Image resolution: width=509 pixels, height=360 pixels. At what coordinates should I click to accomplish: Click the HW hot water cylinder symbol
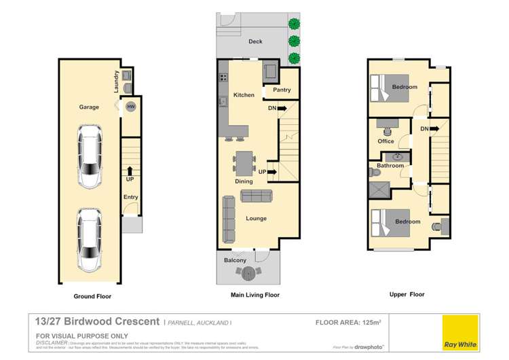(130, 107)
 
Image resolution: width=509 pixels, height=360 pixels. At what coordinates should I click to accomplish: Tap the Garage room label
(89, 107)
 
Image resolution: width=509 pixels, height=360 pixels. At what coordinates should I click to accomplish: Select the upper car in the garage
(90, 160)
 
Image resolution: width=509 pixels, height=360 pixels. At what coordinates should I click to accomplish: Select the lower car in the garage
(90, 238)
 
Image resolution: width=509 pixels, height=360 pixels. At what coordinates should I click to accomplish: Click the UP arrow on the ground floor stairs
(130, 170)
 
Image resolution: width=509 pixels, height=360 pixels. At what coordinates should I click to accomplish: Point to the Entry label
(130, 197)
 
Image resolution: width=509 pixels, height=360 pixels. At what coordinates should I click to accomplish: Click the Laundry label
(116, 83)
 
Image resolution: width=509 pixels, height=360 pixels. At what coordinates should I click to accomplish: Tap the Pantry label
(282, 90)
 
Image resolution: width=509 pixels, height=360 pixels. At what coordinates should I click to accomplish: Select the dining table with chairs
(244, 162)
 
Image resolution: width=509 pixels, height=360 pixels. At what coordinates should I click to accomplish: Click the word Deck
(255, 41)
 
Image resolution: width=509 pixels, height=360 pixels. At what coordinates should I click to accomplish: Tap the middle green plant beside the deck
(294, 41)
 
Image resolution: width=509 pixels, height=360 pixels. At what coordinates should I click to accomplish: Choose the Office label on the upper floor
(386, 141)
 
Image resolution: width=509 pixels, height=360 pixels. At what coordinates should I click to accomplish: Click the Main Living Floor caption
(255, 295)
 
